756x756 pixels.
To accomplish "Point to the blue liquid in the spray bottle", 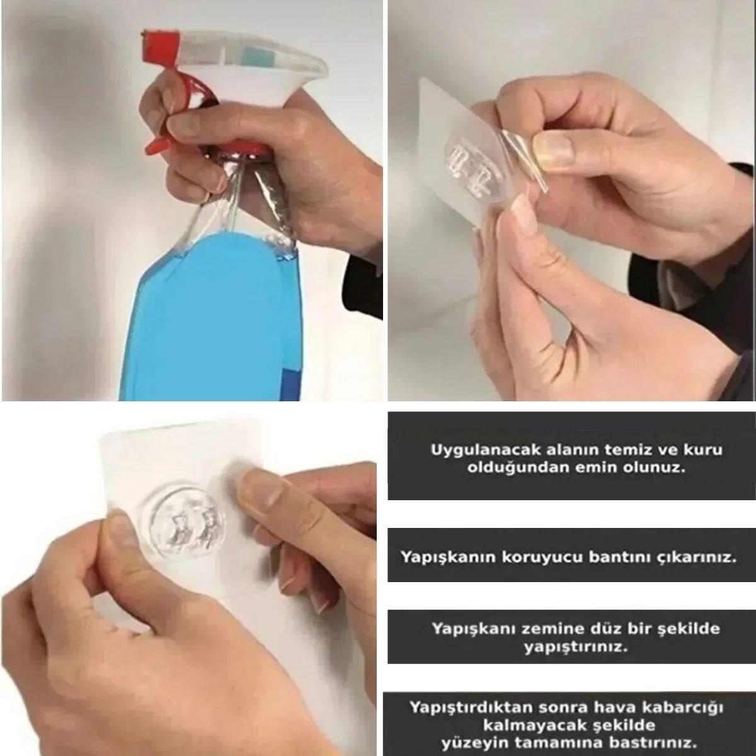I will [x=208, y=328].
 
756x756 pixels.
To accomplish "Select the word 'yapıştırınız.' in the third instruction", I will [x=576, y=646].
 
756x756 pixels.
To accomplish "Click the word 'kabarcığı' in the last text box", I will [x=687, y=707].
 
